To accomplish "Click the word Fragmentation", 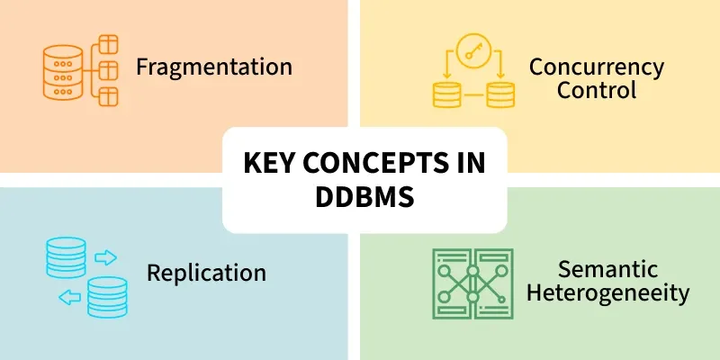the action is click(214, 67).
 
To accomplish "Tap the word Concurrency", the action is click(597, 67).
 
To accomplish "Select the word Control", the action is click(597, 90).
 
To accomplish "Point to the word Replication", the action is click(206, 273).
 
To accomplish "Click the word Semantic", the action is click(607, 269).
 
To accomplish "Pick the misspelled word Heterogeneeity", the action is click(607, 293).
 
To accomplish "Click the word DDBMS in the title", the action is click(364, 197).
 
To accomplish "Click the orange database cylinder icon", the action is click(63, 72).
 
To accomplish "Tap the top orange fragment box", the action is click(108, 44).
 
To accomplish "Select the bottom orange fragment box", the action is click(108, 97).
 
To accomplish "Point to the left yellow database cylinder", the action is click(446, 95).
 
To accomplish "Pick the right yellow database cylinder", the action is click(500, 95).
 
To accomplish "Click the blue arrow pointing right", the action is click(105, 257).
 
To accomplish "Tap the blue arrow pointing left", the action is click(70, 298).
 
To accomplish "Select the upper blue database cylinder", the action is click(66, 257).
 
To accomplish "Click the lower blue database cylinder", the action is click(107, 297).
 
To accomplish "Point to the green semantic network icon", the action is click(472, 283).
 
